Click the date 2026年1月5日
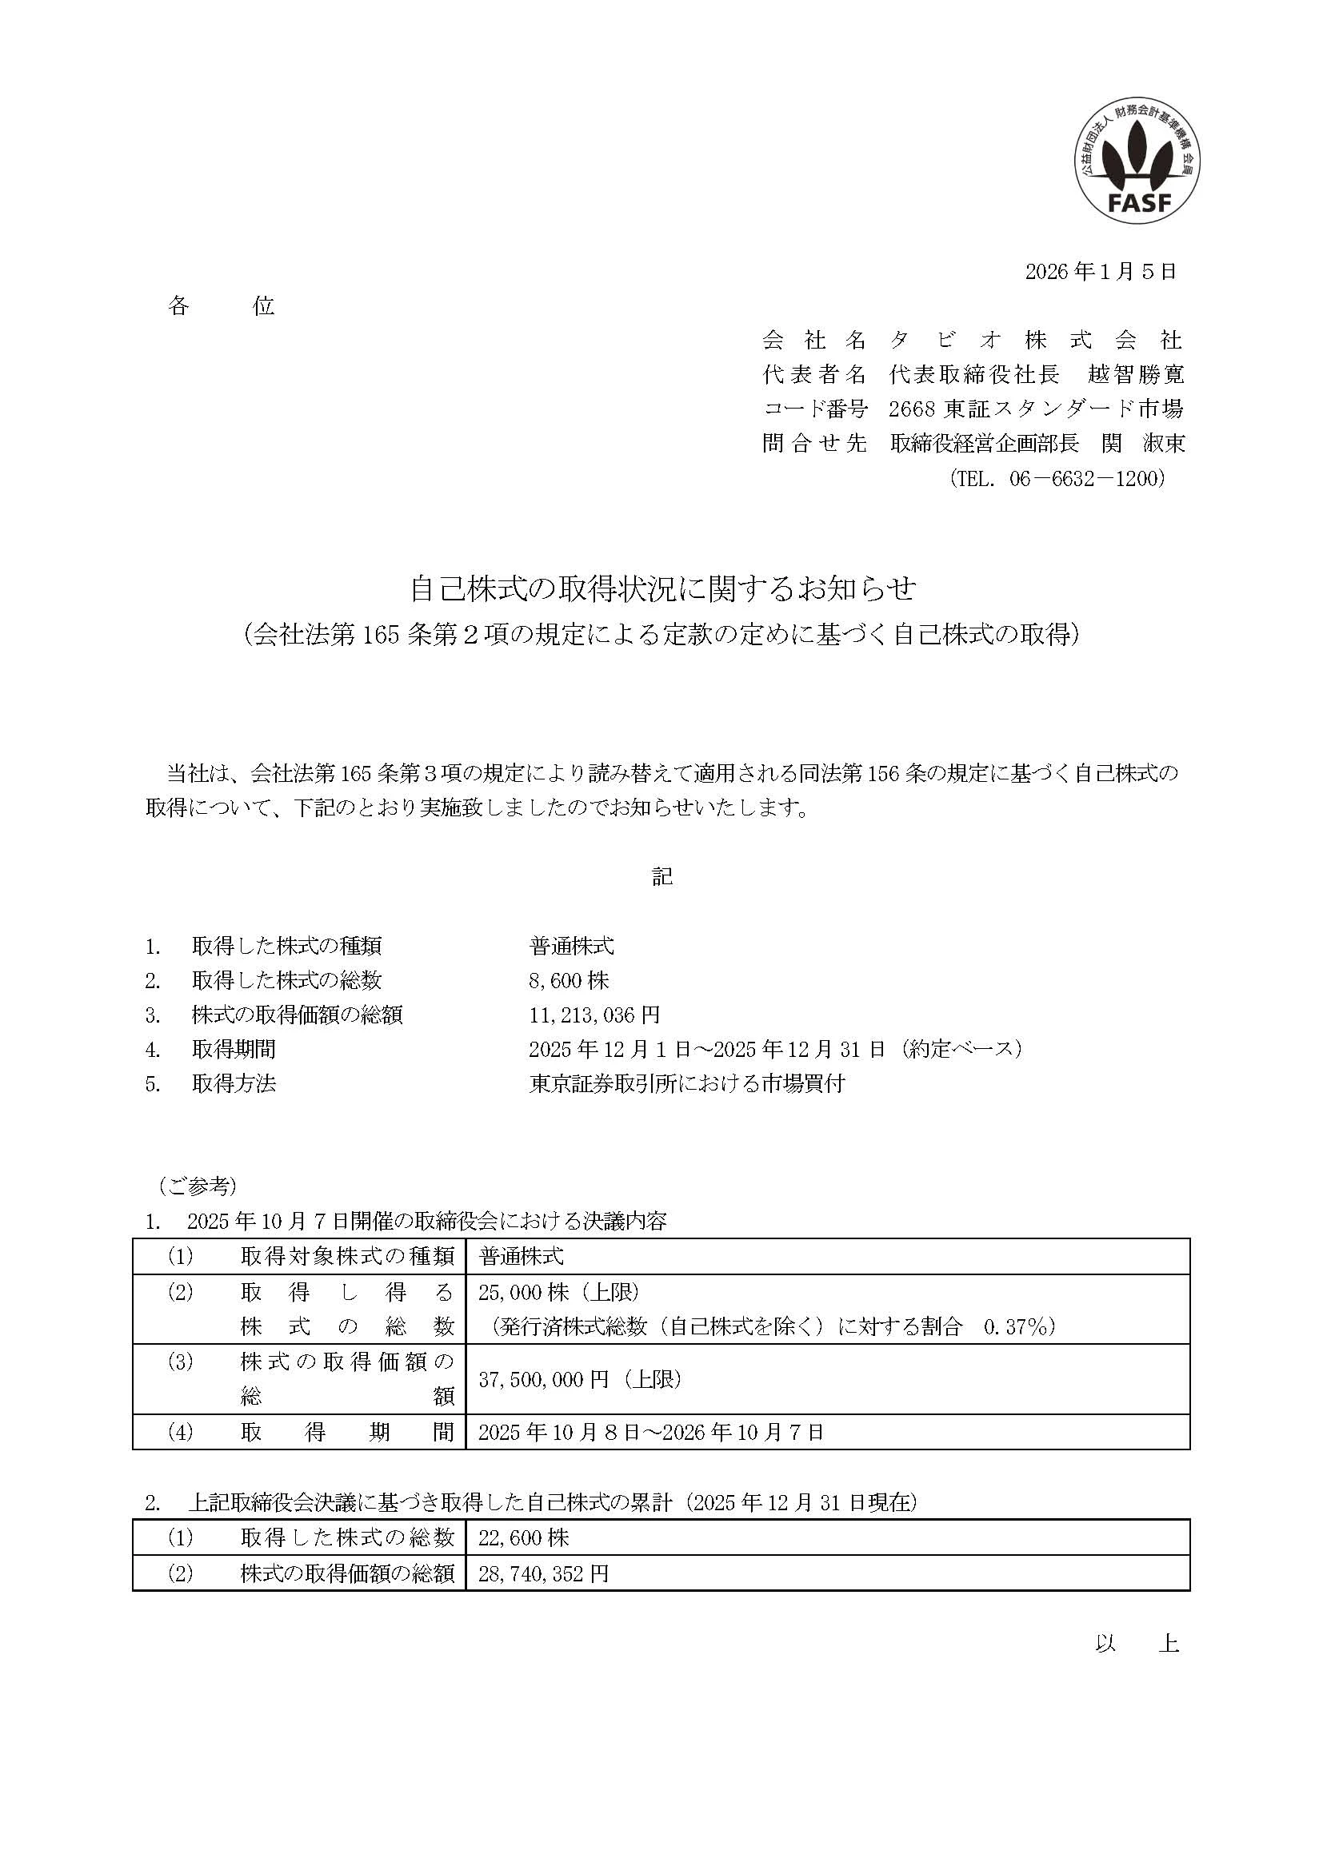pyautogui.click(x=1101, y=271)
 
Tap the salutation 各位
pyautogui.click(x=221, y=306)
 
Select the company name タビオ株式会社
pyautogui.click(x=1035, y=340)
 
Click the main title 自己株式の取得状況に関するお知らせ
pyautogui.click(x=662, y=588)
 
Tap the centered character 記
pyautogui.click(x=662, y=876)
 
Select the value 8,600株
pyautogui.click(x=569, y=981)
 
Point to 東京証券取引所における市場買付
pyautogui.click(x=687, y=1083)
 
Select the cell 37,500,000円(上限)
pyautogui.click(x=580, y=1379)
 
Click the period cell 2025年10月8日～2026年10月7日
pyautogui.click(x=651, y=1432)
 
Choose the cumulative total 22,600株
pyautogui.click(x=524, y=1537)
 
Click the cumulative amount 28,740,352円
pyautogui.click(x=543, y=1573)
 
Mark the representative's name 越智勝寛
pyautogui.click(x=1136, y=374)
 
